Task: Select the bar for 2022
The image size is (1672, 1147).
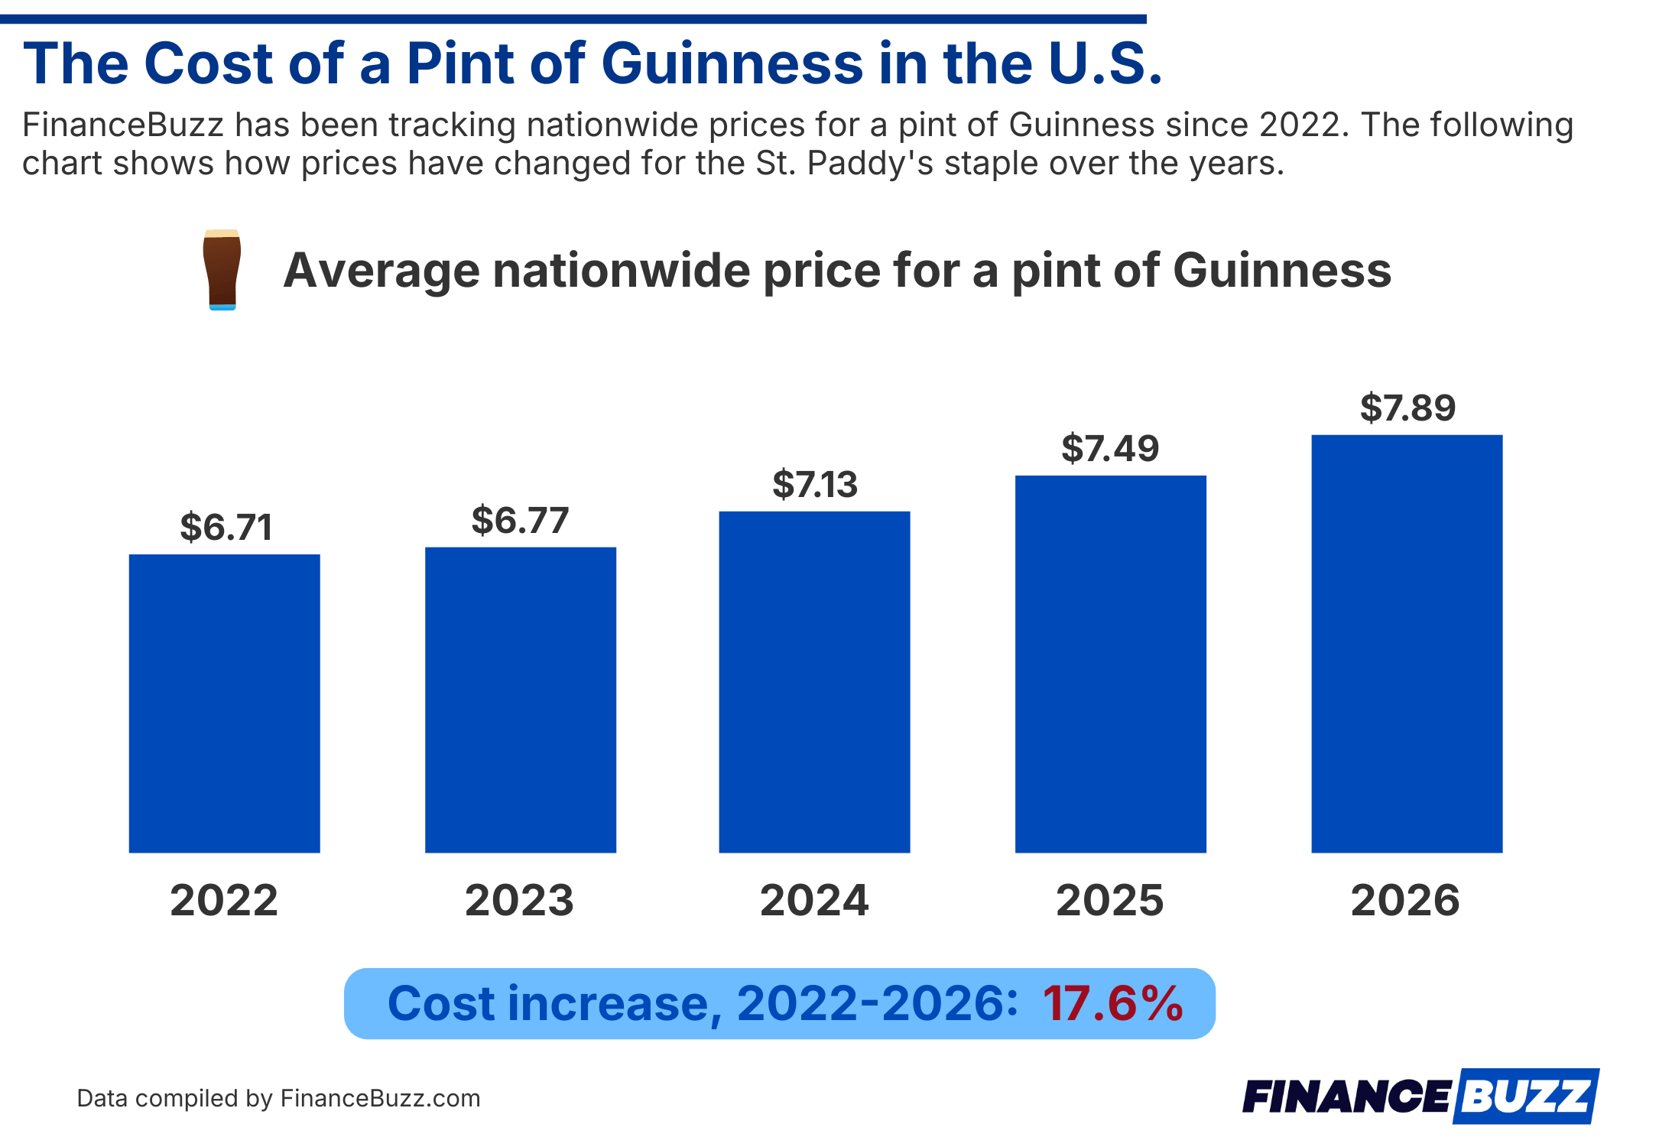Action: coord(224,703)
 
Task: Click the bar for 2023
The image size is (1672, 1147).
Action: coord(521,700)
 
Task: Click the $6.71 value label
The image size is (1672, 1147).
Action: coord(226,528)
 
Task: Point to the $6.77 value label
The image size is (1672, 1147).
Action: coord(520,521)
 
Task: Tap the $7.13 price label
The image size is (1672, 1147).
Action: coord(815,485)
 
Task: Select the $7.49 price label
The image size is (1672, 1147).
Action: coord(1110,449)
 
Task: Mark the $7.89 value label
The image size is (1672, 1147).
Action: coord(1407,408)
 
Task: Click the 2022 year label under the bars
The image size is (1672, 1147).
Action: coord(224,900)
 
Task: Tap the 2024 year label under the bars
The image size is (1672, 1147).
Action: coord(814,900)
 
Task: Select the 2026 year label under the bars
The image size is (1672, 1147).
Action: coord(1405,900)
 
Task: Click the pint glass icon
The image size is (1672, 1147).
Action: coord(222,270)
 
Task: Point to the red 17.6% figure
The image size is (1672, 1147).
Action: coord(1112,1003)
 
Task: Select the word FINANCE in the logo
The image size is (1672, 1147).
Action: coord(1346,1097)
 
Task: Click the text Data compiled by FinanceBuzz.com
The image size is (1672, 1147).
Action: coord(278,1099)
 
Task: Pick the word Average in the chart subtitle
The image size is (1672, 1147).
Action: coord(382,271)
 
